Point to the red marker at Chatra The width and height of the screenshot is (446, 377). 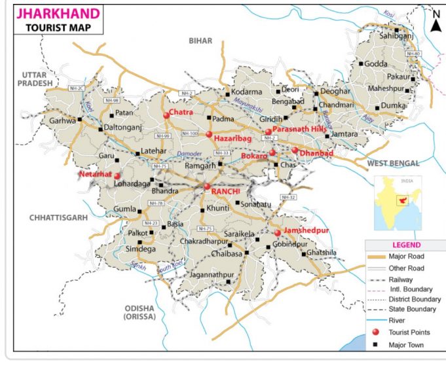[x=166, y=116]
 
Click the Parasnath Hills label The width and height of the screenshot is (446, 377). [x=299, y=130]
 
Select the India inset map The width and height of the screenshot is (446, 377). [x=397, y=202]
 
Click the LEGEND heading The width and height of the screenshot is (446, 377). [x=405, y=245]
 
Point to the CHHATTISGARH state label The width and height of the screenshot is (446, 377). [x=58, y=217]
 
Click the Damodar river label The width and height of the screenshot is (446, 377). [x=190, y=154]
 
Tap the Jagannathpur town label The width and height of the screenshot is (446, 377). [x=200, y=274]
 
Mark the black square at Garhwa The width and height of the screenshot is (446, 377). [x=80, y=119]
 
